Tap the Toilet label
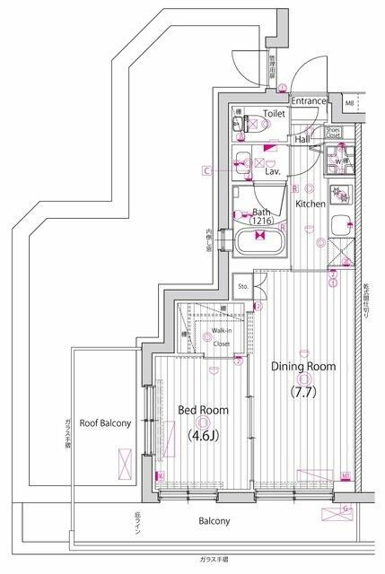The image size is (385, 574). pyautogui.click(x=274, y=116)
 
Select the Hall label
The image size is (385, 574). pyautogui.click(x=302, y=139)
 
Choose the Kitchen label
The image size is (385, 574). pyautogui.click(x=311, y=204)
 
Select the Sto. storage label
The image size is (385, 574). pyautogui.click(x=242, y=286)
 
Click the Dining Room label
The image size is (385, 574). pyautogui.click(x=302, y=366)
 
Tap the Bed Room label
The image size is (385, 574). pyautogui.click(x=202, y=410)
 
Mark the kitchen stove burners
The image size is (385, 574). pyautogui.click(x=341, y=193)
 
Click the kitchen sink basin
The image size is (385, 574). pyautogui.click(x=338, y=226)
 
